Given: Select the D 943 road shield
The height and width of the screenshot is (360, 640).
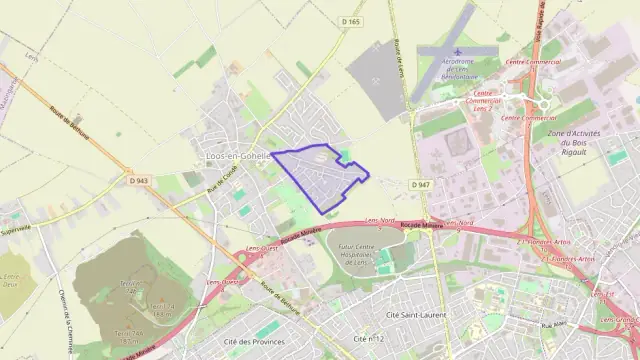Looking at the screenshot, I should click(x=138, y=181).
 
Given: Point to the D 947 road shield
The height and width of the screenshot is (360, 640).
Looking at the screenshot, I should click(x=420, y=185).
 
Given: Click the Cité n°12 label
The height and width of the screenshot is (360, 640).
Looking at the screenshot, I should click(x=369, y=340).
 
